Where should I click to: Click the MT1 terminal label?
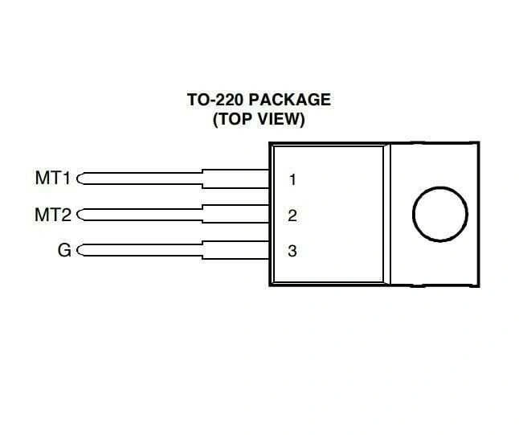tap(53, 178)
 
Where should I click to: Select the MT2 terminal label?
tap(53, 215)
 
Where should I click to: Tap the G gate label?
tap(64, 250)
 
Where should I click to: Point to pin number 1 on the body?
tap(292, 180)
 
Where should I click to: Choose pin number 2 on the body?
tap(292, 215)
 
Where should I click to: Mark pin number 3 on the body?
tap(292, 251)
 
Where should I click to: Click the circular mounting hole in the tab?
tap(440, 187)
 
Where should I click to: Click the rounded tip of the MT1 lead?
tap(77, 179)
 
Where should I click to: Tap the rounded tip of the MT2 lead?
tap(77, 215)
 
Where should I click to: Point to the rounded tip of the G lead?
tap(77, 250)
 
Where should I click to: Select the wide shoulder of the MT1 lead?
tap(235, 179)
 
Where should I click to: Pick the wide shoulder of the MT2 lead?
tap(235, 214)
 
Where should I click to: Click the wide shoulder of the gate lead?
tap(235, 250)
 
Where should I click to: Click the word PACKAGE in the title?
tap(289, 100)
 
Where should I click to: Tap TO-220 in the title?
tap(216, 100)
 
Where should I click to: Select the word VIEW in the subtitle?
tap(280, 119)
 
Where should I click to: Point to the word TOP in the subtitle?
tap(235, 119)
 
